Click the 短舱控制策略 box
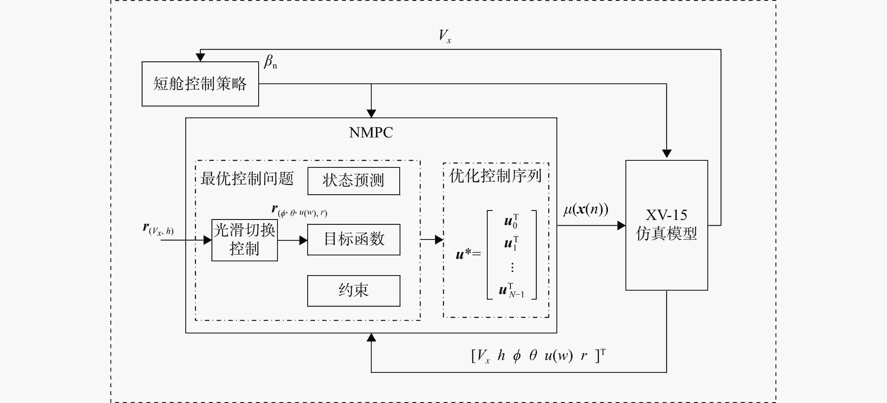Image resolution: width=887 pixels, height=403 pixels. [200, 84]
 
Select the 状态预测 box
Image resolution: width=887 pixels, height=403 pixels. [354, 181]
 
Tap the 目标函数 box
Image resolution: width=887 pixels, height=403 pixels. [354, 239]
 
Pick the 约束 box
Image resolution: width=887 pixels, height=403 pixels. [354, 290]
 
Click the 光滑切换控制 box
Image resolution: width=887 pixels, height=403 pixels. [244, 240]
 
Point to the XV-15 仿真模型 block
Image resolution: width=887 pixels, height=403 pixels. [667, 225]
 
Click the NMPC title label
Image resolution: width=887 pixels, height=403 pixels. [371, 133]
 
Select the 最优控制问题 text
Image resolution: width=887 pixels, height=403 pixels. [247, 179]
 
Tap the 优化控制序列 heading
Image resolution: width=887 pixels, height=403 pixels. [496, 176]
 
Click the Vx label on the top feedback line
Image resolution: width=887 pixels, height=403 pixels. [445, 36]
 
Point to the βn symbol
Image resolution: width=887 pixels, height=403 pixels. [270, 62]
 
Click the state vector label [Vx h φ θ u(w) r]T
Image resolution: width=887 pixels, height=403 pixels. [538, 356]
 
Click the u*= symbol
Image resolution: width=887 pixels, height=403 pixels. [468, 254]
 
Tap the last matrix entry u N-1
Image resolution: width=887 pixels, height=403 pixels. [512, 290]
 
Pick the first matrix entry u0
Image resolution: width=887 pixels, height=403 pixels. [511, 221]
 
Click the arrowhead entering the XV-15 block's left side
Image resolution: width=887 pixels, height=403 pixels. [621, 226]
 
